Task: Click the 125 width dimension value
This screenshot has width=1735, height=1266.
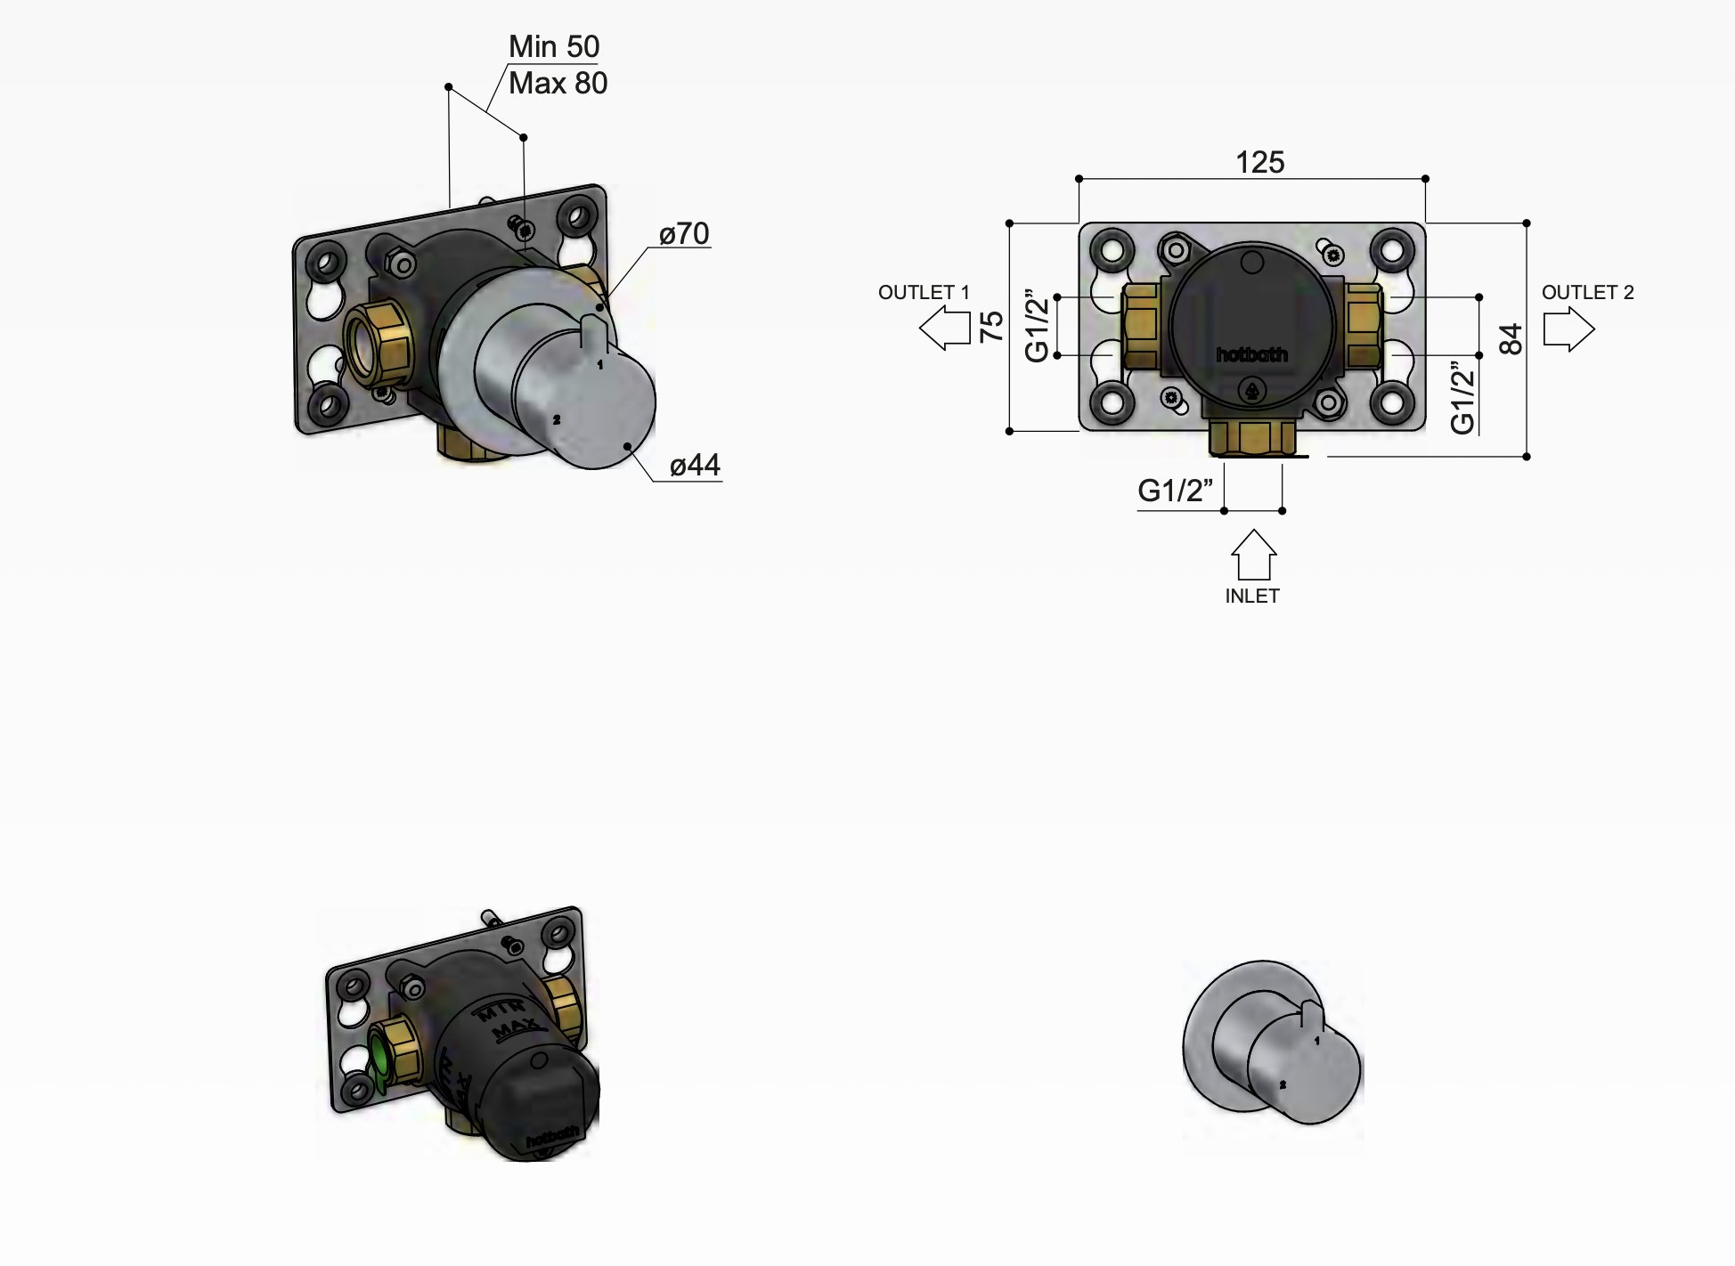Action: pyautogui.click(x=1259, y=162)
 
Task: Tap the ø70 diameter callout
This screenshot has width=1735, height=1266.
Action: pyautogui.click(x=684, y=234)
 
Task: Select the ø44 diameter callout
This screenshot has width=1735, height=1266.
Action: pyautogui.click(x=695, y=465)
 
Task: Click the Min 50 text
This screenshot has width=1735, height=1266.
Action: pyautogui.click(x=553, y=46)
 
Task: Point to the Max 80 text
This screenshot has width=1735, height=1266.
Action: pyautogui.click(x=558, y=84)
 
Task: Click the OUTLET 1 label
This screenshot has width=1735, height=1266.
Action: pyautogui.click(x=923, y=293)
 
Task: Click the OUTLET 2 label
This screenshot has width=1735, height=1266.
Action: pyautogui.click(x=1587, y=293)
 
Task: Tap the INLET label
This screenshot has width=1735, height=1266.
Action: pyautogui.click(x=1251, y=596)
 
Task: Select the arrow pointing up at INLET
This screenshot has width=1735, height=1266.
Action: pyautogui.click(x=1253, y=554)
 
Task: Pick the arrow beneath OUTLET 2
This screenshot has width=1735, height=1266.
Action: pyautogui.click(x=1568, y=329)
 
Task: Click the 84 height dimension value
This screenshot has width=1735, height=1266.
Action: pyautogui.click(x=1511, y=339)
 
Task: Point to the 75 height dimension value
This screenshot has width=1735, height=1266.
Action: pyautogui.click(x=991, y=327)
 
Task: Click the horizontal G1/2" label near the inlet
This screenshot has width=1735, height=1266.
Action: pyautogui.click(x=1175, y=491)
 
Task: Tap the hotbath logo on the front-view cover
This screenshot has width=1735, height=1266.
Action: pyautogui.click(x=1251, y=355)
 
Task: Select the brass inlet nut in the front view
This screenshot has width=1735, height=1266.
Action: pyautogui.click(x=1251, y=439)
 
